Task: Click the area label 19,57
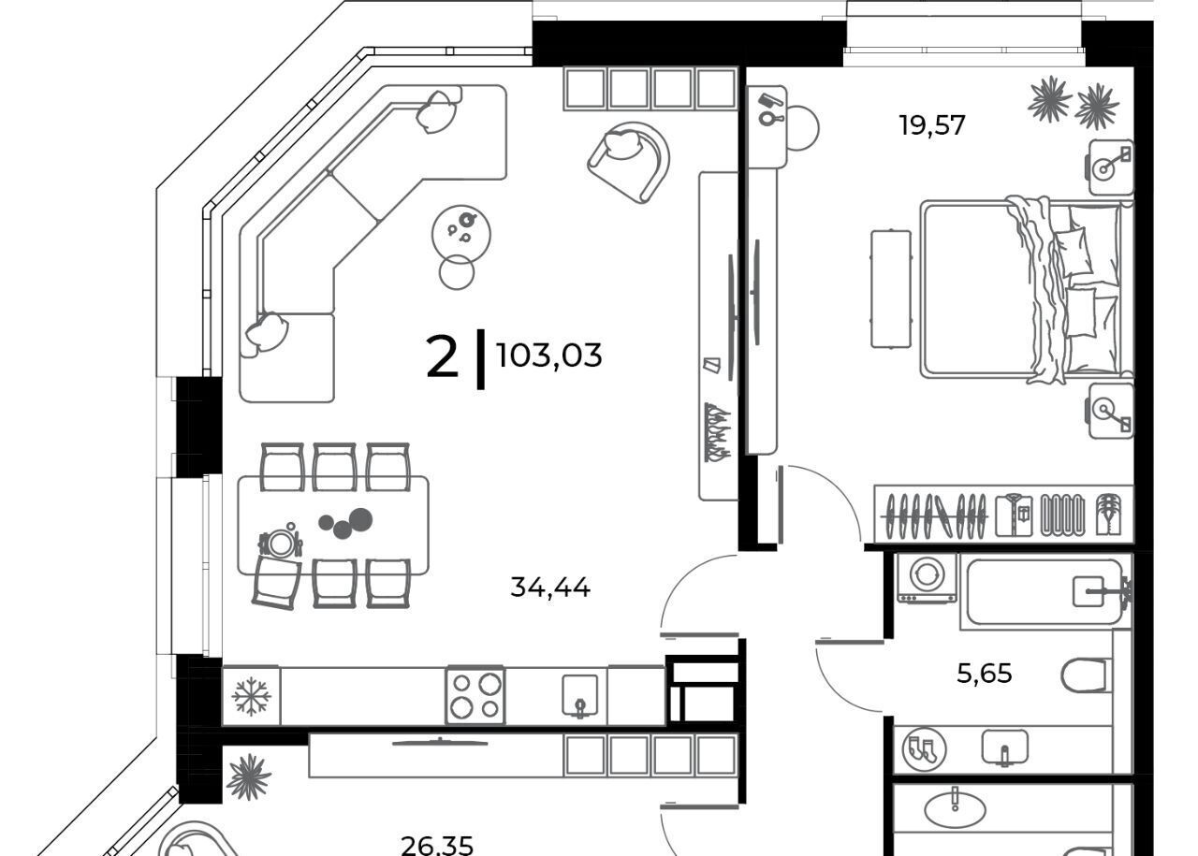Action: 931,126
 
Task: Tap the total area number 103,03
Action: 549,355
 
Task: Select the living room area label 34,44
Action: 550,588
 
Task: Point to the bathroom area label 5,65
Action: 984,674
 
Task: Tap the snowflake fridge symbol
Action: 252,697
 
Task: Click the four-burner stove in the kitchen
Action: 475,696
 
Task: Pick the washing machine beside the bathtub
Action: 927,578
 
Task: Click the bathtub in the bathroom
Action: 1045,591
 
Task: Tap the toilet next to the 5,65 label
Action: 1085,675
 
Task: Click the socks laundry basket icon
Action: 924,749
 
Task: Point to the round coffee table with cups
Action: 461,235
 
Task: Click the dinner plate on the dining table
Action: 280,544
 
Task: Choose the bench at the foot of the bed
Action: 890,289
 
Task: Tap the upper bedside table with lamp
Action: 1111,167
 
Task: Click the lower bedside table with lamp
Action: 1111,411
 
